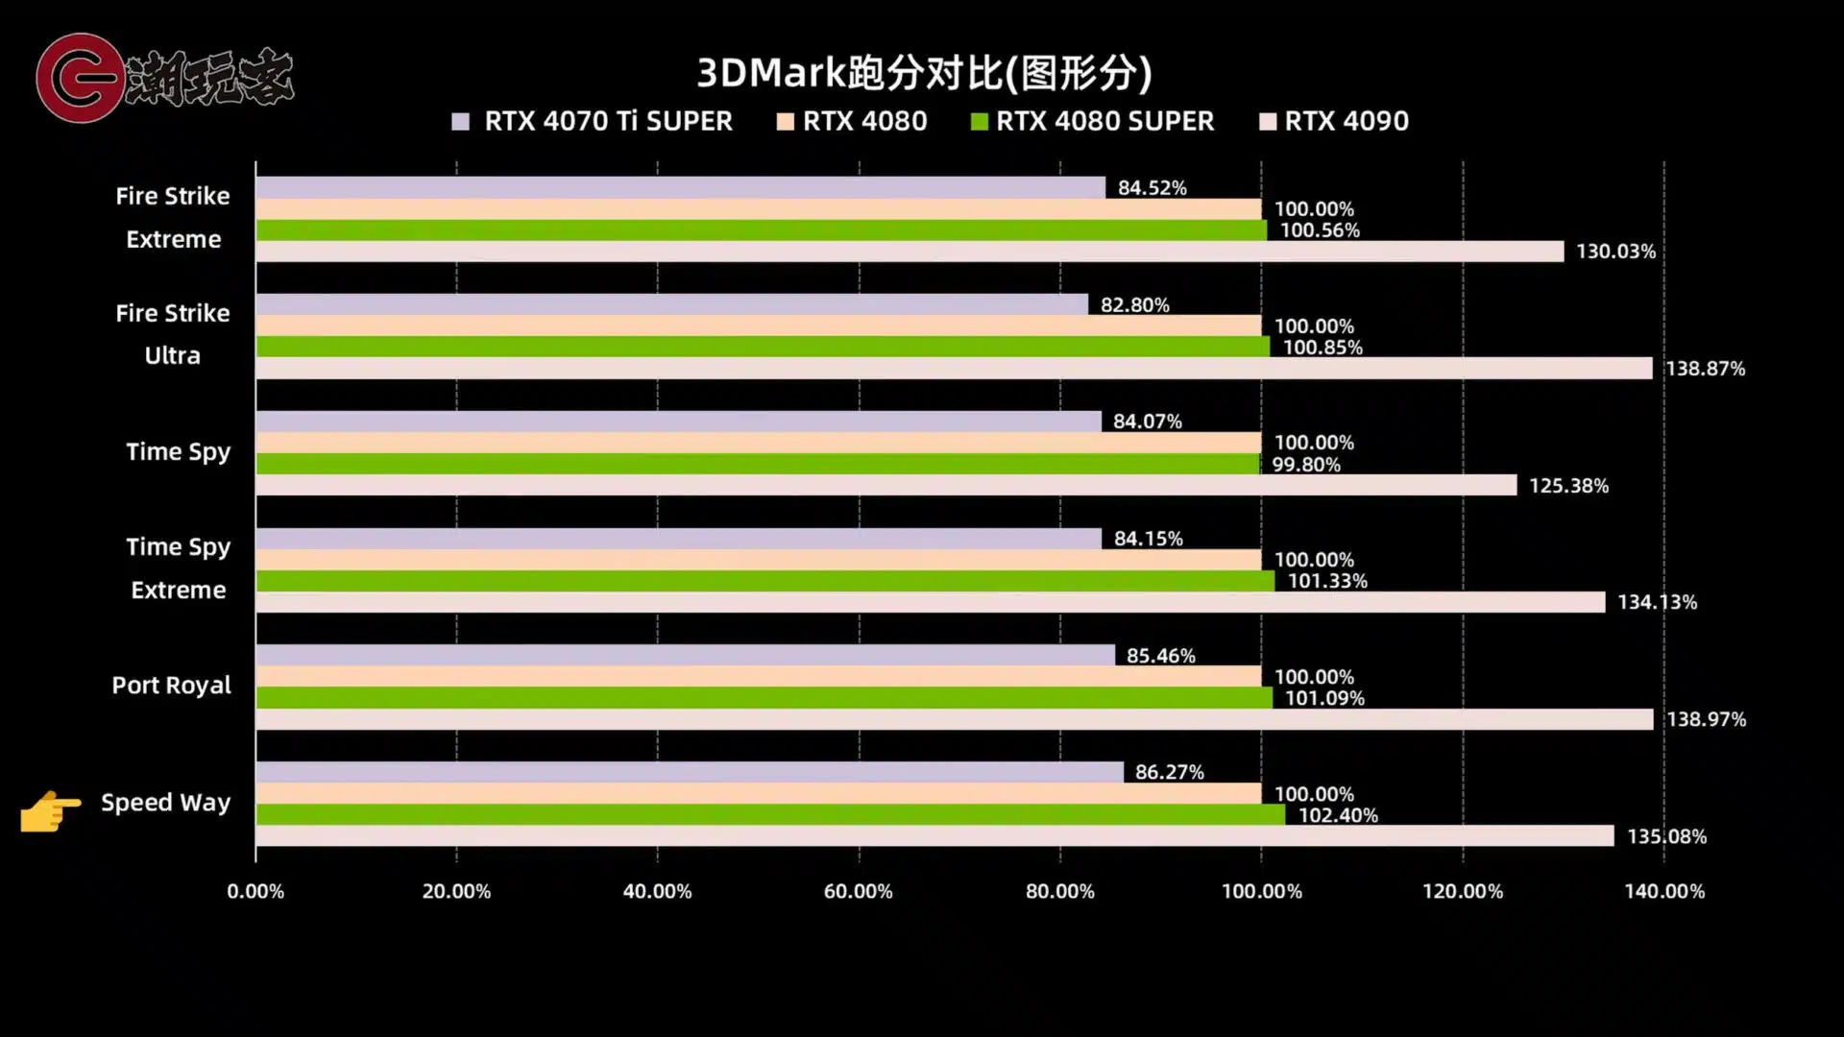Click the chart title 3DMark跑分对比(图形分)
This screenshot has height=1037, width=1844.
pos(923,73)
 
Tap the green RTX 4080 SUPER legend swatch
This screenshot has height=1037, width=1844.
pos(979,122)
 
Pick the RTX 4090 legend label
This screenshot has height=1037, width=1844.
pos(1346,121)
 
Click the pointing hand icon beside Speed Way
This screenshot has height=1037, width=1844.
pos(50,811)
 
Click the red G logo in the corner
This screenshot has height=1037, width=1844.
pos(79,78)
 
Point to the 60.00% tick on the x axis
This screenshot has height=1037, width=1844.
pos(858,891)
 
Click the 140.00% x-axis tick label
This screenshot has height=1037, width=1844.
pos(1663,891)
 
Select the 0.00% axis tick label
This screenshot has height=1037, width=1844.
pos(255,891)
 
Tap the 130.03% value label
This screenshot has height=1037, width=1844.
pos(1615,252)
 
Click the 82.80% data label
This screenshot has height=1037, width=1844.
pos(1134,305)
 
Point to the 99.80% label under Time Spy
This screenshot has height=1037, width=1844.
pos(1305,465)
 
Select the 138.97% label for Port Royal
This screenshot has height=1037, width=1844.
pos(1706,719)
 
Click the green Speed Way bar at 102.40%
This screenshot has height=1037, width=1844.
pos(768,814)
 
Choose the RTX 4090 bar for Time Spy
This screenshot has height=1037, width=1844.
pos(884,485)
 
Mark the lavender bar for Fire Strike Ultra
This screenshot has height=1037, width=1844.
pos(672,304)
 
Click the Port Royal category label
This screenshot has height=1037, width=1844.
pos(171,686)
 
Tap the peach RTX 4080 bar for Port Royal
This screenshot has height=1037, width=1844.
pos(759,676)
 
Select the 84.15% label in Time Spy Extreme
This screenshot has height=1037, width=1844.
pos(1148,539)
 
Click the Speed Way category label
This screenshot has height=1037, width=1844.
pos(165,803)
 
